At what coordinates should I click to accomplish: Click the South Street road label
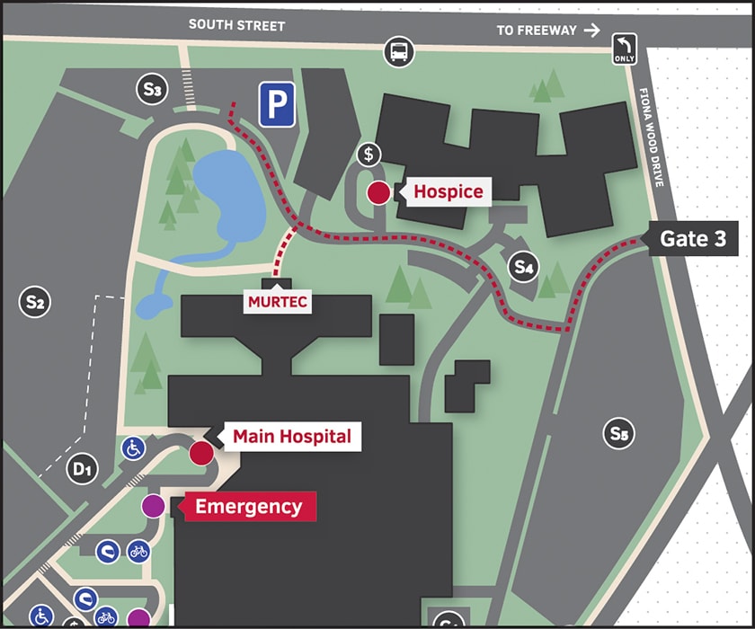[x=236, y=25]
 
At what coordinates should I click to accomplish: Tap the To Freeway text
[x=537, y=31]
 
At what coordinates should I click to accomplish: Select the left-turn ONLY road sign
[x=625, y=49]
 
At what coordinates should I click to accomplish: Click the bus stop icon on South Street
[x=399, y=52]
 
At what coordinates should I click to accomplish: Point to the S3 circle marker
[x=152, y=89]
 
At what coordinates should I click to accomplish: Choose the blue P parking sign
[x=278, y=105]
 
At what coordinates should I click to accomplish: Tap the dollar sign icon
[x=369, y=154]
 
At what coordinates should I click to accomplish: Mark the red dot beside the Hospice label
[x=379, y=192]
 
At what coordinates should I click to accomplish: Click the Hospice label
[x=448, y=191]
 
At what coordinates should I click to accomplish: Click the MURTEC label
[x=278, y=302]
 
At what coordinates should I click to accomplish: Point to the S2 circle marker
[x=35, y=302]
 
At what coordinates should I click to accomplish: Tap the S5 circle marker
[x=618, y=435]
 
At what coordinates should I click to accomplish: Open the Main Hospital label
[x=291, y=437]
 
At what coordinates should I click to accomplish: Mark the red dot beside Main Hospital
[x=200, y=453]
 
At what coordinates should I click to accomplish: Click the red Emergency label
[x=248, y=507]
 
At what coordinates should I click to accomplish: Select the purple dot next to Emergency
[x=154, y=507]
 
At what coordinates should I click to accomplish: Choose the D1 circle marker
[x=82, y=467]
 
